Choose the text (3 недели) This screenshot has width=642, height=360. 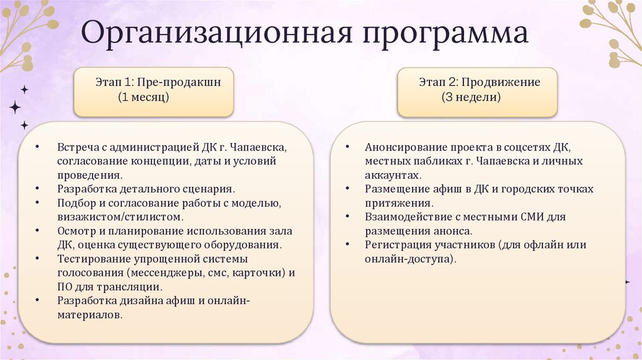[x=471, y=98]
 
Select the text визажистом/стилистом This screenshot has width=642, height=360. [x=120, y=216]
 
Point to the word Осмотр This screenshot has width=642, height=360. [x=76, y=230]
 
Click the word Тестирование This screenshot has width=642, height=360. [x=92, y=258]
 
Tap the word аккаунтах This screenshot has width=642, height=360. [x=393, y=175]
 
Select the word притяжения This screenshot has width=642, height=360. [x=397, y=203]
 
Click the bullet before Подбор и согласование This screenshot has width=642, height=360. [x=38, y=203]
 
